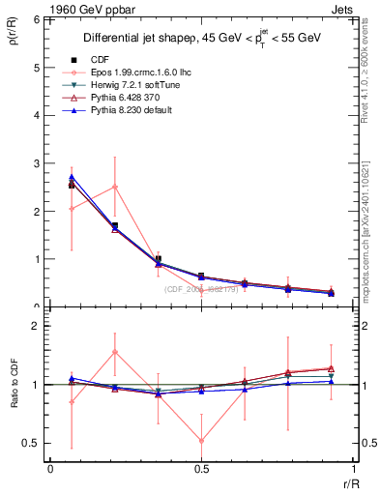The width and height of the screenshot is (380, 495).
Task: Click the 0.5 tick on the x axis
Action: pyautogui.click(x=201, y=469)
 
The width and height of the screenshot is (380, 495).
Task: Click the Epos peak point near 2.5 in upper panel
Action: pyautogui.click(x=115, y=187)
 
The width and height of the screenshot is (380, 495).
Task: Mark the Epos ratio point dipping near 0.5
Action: pyautogui.click(x=201, y=441)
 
